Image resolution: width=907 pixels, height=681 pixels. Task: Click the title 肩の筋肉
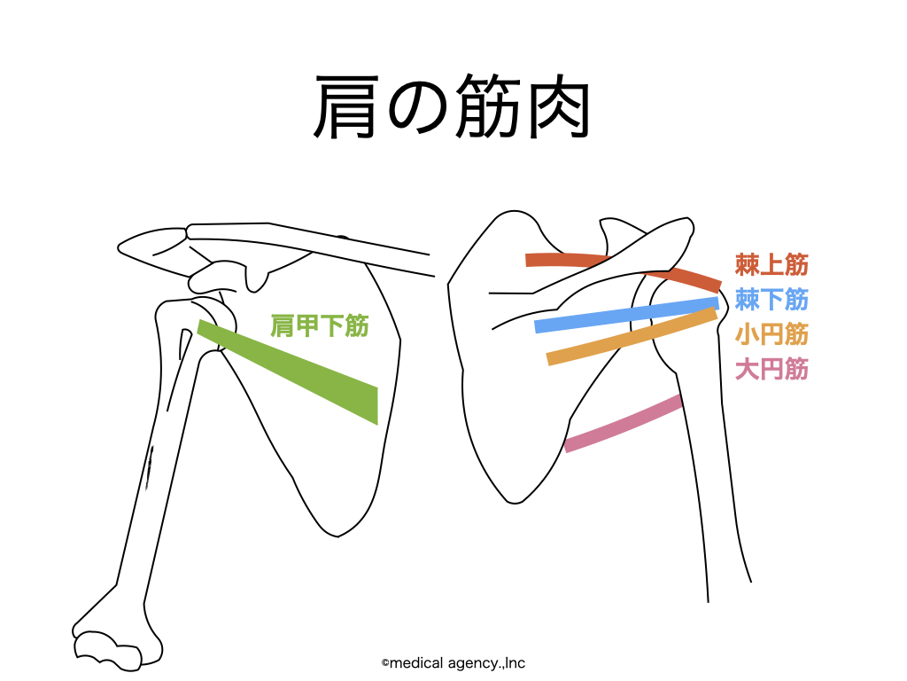pyautogui.click(x=451, y=107)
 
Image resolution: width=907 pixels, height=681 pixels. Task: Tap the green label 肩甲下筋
pyautogui.click(x=319, y=325)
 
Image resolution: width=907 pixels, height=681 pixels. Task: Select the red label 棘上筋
pyautogui.click(x=771, y=264)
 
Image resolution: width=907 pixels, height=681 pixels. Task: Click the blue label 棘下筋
pyautogui.click(x=771, y=300)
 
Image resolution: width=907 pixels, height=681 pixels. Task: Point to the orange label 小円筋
pyautogui.click(x=771, y=334)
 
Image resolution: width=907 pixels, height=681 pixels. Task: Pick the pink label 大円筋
pyautogui.click(x=771, y=369)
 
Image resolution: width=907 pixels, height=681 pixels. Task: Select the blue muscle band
pyautogui.click(x=626, y=315)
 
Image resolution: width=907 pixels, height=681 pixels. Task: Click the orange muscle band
pyautogui.click(x=632, y=337)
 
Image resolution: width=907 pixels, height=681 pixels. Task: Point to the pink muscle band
pyautogui.click(x=624, y=424)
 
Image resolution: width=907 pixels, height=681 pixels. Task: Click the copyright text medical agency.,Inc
pyautogui.click(x=453, y=663)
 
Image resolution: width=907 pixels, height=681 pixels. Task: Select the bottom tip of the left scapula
pyautogui.click(x=337, y=536)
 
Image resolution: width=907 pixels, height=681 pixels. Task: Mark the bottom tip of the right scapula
pyautogui.click(x=513, y=503)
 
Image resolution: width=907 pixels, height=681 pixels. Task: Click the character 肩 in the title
pyautogui.click(x=347, y=107)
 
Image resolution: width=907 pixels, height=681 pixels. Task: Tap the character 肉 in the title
pyautogui.click(x=559, y=108)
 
